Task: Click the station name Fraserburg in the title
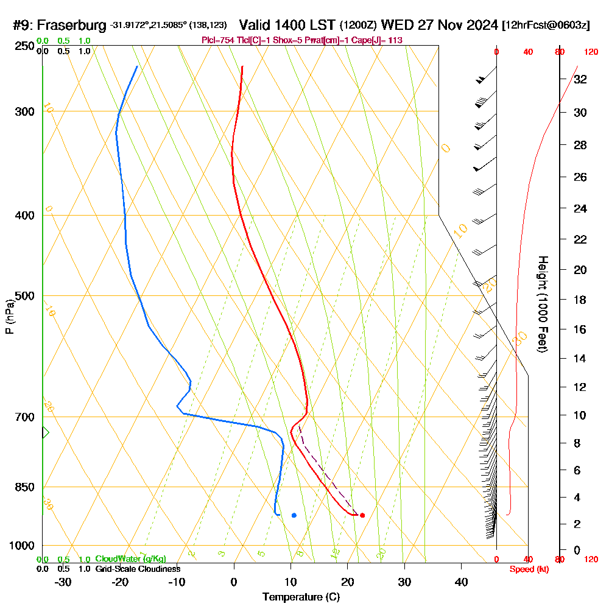point(73,26)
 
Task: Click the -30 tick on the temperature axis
point(63,582)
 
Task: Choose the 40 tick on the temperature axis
point(462,582)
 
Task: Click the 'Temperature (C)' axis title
point(301,597)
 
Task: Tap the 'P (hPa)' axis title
point(9,317)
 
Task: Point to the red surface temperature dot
point(362,515)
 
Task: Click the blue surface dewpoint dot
point(294,515)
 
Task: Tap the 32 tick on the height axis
point(580,79)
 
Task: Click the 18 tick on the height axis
point(580,300)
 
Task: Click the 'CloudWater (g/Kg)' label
point(130,559)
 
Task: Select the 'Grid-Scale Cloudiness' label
point(138,569)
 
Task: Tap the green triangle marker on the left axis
point(45,432)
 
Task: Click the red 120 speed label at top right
point(590,52)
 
